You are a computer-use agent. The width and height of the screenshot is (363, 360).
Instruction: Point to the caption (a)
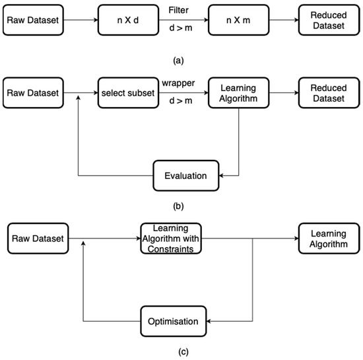(x=178, y=60)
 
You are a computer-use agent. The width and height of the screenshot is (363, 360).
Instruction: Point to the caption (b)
(x=178, y=205)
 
